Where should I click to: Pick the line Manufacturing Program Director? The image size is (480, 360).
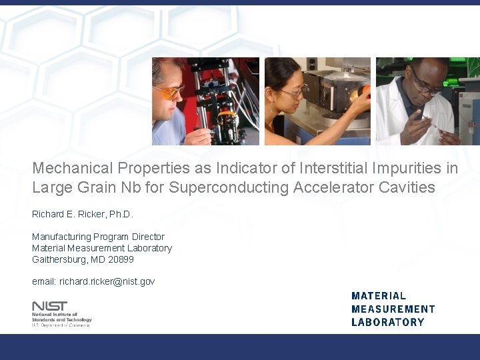pos(98,237)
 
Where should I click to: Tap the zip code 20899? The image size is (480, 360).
pos(121,259)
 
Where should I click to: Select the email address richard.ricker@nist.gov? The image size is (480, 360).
pos(107,281)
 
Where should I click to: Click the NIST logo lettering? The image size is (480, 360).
pos(49,306)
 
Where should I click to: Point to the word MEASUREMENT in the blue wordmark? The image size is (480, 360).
pos(393,309)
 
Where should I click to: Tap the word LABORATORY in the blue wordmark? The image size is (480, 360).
pos(387,322)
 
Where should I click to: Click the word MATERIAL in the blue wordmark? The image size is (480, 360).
pos(378,295)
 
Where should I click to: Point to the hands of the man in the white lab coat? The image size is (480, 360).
pos(427,127)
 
